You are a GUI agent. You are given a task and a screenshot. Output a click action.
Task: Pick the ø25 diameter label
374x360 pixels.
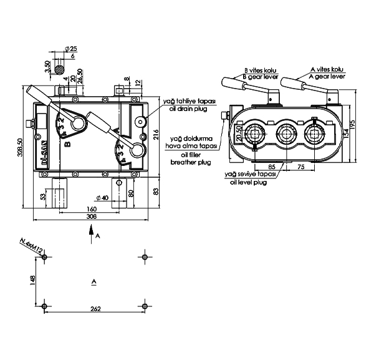point(72,49)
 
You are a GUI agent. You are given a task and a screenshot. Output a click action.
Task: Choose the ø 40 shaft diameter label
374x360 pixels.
point(102,198)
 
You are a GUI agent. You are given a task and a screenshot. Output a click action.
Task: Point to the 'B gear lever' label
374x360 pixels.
point(261,76)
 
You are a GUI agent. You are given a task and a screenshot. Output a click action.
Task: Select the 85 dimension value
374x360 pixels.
point(272,167)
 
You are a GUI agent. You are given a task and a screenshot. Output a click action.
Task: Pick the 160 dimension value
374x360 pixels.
point(92,208)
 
